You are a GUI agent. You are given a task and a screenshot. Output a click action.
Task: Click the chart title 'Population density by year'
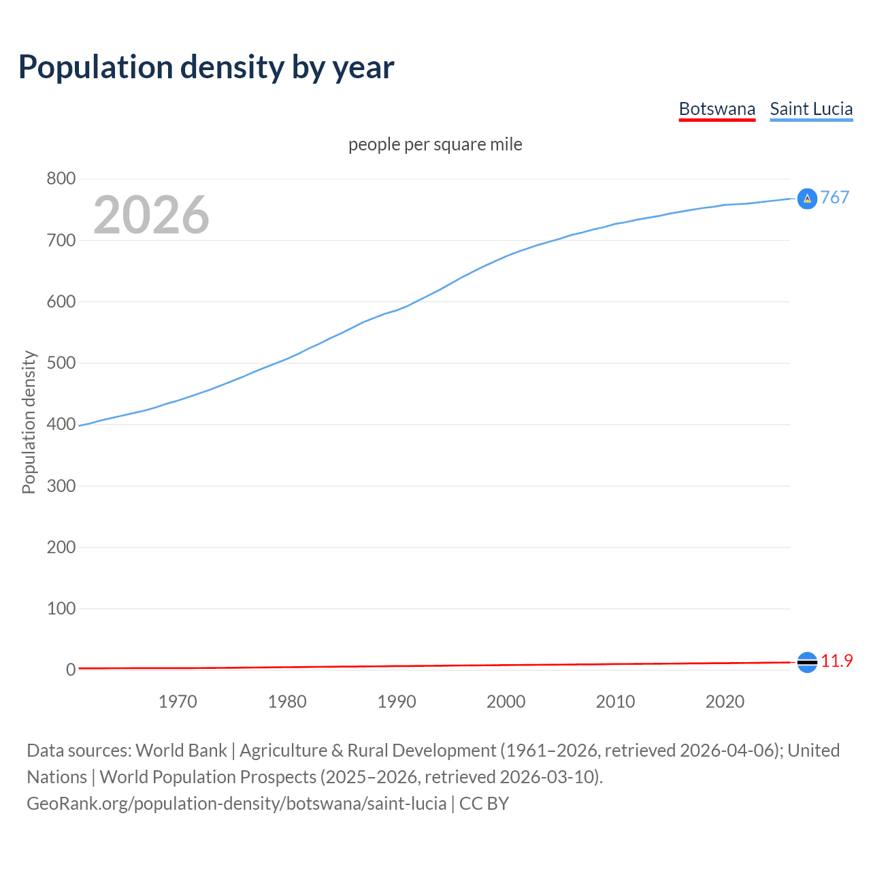point(206,67)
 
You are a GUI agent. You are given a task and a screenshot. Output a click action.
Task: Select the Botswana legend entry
point(717,110)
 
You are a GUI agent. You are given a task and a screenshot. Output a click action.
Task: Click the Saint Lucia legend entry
point(811,110)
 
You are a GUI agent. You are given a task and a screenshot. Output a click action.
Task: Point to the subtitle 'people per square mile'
point(435,145)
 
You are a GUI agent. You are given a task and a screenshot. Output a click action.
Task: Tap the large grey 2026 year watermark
point(151,215)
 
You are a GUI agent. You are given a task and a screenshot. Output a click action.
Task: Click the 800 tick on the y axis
point(61,179)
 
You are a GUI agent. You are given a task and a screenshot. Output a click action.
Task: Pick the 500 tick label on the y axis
point(61,363)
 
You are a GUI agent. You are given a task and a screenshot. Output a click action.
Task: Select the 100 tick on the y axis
point(61,608)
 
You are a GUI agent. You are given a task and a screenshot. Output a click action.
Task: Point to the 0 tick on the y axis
point(70,670)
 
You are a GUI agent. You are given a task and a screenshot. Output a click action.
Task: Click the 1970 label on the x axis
point(178,702)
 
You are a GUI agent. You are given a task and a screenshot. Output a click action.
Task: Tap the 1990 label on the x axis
point(397,702)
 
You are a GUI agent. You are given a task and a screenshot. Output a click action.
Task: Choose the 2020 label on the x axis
point(725,702)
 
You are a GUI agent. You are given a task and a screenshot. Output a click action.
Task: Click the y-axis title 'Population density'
point(29,422)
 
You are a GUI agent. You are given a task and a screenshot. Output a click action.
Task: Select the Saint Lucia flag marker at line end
point(807,199)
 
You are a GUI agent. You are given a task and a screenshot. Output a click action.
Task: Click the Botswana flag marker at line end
point(807,662)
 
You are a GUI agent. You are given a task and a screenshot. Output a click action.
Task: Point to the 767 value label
point(835,197)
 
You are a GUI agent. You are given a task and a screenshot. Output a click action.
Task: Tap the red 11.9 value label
point(836,661)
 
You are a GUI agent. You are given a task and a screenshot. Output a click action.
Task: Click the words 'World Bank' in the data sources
point(181,751)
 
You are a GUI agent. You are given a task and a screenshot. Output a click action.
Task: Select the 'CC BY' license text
point(484,804)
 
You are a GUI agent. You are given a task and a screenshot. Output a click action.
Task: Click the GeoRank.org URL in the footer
point(236,804)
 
